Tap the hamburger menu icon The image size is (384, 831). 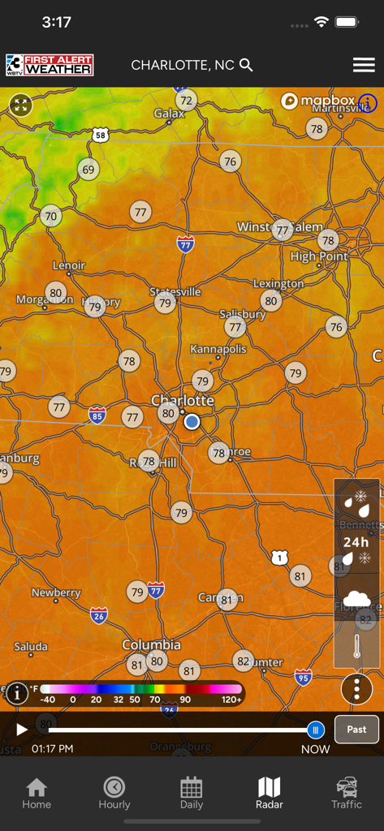pyautogui.click(x=364, y=66)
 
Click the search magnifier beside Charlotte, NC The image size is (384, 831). pyautogui.click(x=247, y=65)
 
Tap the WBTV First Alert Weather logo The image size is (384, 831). pyautogui.click(x=50, y=65)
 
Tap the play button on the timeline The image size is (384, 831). pyautogui.click(x=22, y=730)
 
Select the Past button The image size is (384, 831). pyautogui.click(x=356, y=730)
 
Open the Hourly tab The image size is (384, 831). pyautogui.click(x=114, y=793)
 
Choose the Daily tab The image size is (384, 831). pyautogui.click(x=192, y=793)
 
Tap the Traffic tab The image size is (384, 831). pyautogui.click(x=347, y=793)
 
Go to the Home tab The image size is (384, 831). pyautogui.click(x=37, y=793)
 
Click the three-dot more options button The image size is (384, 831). pyautogui.click(x=356, y=689)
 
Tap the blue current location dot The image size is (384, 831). pyautogui.click(x=192, y=421)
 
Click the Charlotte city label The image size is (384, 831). pyautogui.click(x=183, y=400)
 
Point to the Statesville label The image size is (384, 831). pyautogui.click(x=175, y=291)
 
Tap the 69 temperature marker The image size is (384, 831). pyautogui.click(x=88, y=170)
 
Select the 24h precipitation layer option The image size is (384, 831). pyautogui.click(x=356, y=542)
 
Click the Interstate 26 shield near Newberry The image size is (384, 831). pyautogui.click(x=99, y=614)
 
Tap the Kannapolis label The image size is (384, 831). pyautogui.click(x=218, y=349)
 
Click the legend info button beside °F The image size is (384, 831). pyautogui.click(x=16, y=693)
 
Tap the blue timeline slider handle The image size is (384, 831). pyautogui.click(x=316, y=730)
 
